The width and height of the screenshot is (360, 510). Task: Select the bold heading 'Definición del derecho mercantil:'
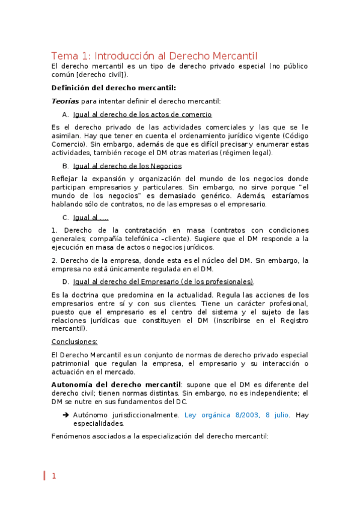pyautogui.click(x=114, y=87)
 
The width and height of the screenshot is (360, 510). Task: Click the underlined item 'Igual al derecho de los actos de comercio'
pyautogui.click(x=142, y=114)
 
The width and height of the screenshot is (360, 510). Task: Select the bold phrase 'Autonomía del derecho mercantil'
pyautogui.click(x=116, y=384)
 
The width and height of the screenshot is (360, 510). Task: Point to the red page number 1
pyautogui.click(x=53, y=476)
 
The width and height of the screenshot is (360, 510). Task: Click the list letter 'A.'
pyautogui.click(x=66, y=114)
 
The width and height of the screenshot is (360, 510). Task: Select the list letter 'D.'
pyautogui.click(x=66, y=281)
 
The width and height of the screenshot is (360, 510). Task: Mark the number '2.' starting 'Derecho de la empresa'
pyautogui.click(x=55, y=260)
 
